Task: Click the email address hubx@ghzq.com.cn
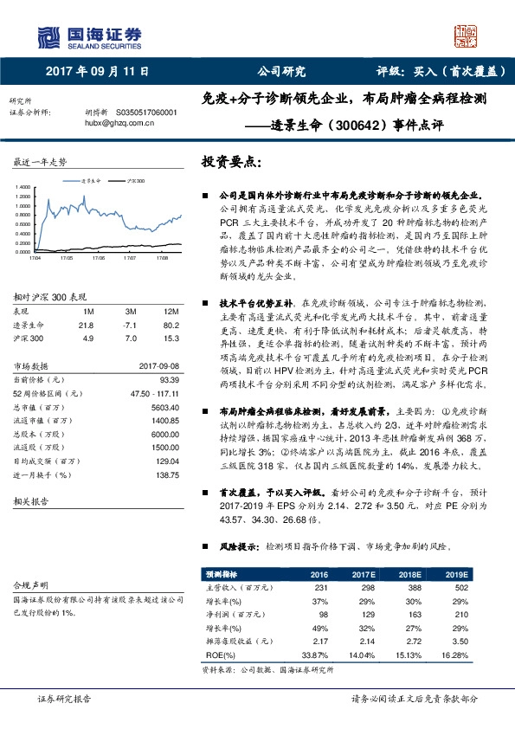[x=119, y=123]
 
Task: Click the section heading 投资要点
[x=231, y=162]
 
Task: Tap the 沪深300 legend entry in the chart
[x=135, y=181]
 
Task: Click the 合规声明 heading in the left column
[x=28, y=585]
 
